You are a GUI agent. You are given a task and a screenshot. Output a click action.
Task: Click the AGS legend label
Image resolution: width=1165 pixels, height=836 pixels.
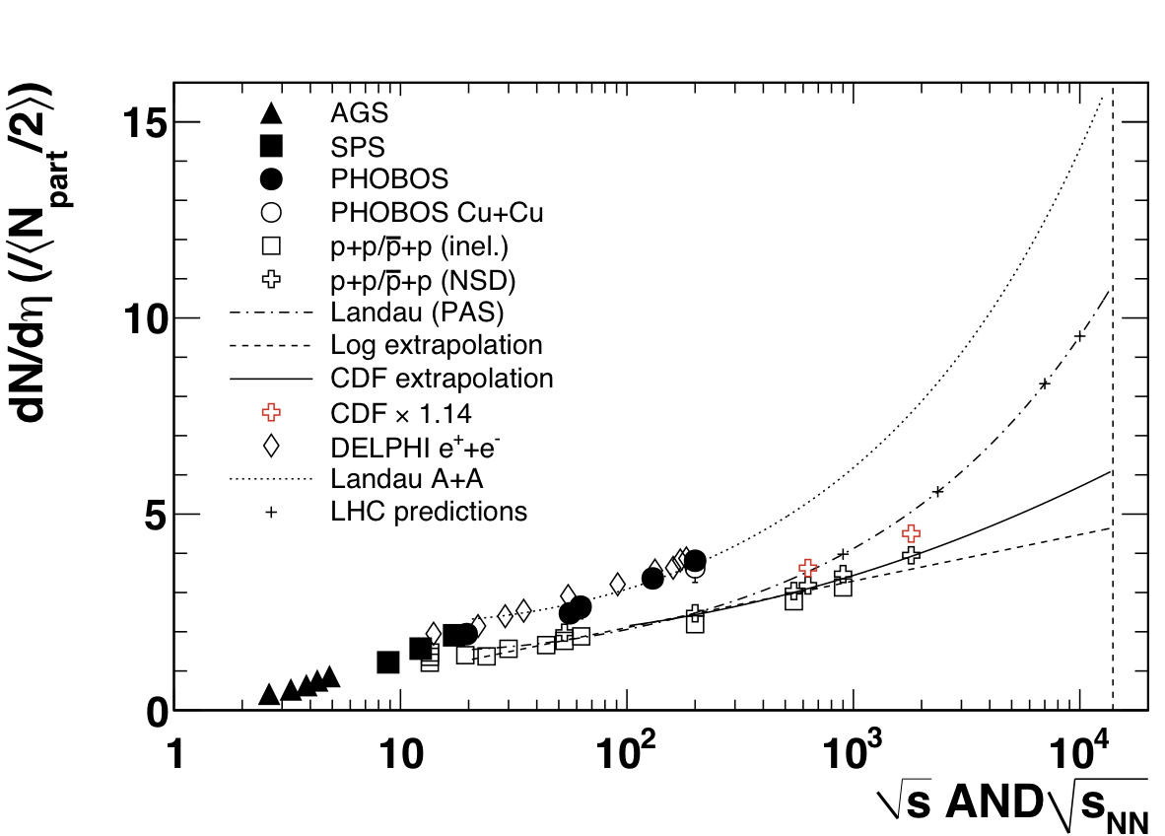[x=360, y=111]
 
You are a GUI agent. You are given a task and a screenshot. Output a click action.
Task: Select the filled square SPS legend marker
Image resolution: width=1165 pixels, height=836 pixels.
[x=272, y=146]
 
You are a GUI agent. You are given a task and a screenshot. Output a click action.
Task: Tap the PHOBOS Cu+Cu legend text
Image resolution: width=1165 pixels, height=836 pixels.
[x=437, y=212]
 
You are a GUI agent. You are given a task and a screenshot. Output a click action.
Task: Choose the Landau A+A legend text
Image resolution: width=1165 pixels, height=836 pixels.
[x=406, y=479]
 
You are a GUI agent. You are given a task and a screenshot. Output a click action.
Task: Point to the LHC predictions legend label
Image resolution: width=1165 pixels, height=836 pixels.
[x=429, y=513]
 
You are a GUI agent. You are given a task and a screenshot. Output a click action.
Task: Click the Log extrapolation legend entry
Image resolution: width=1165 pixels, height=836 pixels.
[x=437, y=346]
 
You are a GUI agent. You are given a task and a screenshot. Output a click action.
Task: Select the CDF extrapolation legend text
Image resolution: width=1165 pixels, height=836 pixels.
[x=442, y=379]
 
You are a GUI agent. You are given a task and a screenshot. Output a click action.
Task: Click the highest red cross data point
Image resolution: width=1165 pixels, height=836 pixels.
[x=912, y=533]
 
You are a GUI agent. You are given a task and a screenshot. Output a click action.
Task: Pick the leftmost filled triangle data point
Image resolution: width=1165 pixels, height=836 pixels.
[x=269, y=695]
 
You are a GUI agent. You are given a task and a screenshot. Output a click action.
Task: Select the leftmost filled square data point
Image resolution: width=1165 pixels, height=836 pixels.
[x=388, y=662]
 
